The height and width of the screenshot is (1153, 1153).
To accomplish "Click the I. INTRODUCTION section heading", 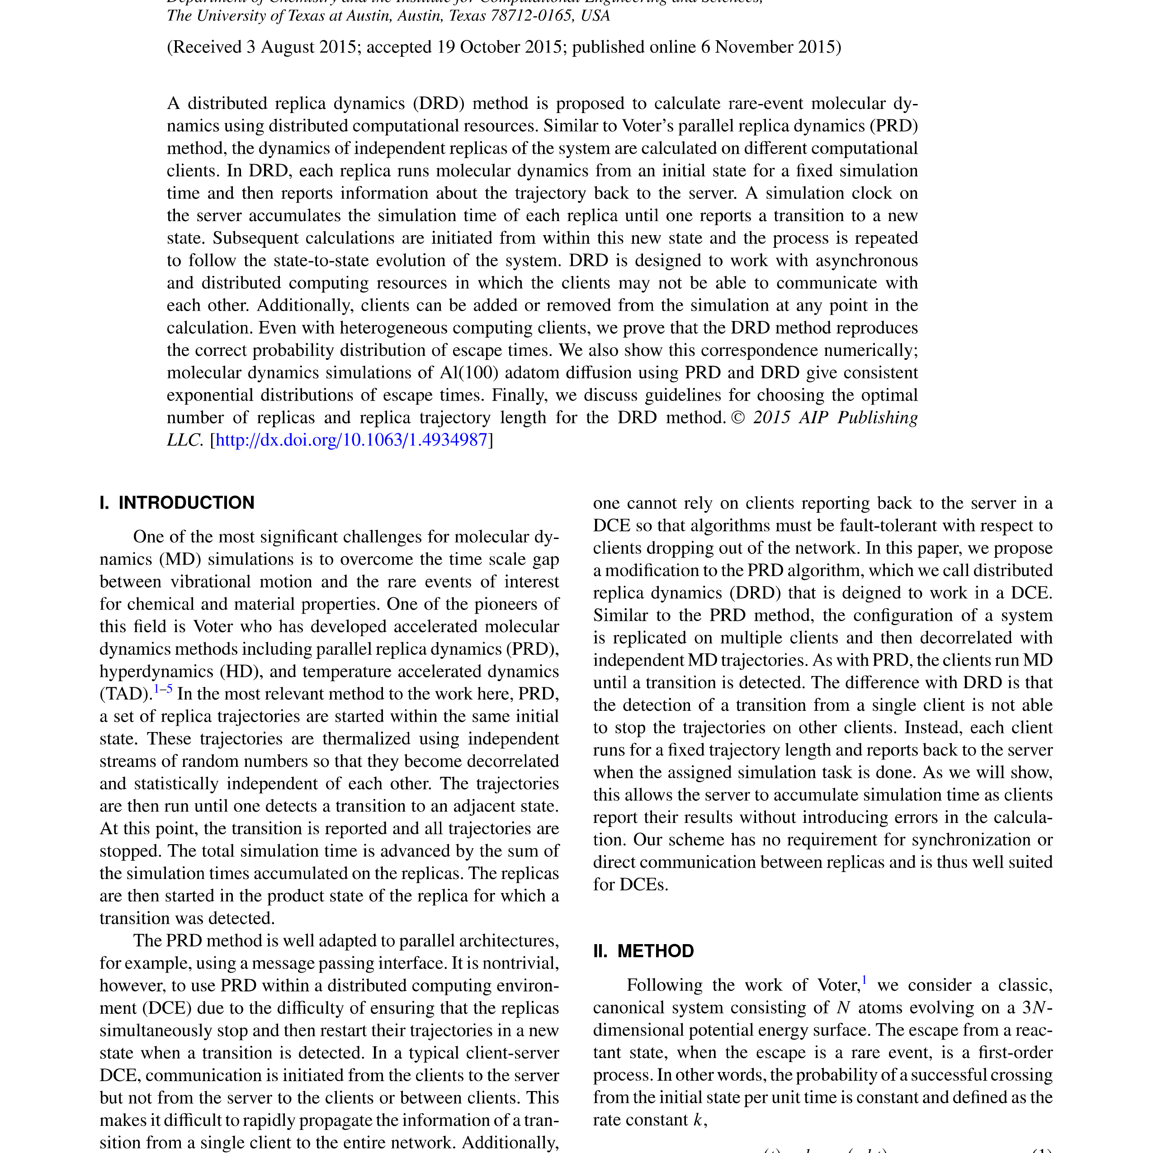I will point(177,502).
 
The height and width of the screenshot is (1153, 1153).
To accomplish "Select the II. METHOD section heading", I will point(643,951).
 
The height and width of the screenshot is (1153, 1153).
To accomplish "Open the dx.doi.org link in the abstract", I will point(351,440).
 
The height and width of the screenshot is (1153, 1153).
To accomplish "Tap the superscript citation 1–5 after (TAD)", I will point(163,689).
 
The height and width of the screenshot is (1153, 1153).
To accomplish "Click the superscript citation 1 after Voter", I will point(864,980).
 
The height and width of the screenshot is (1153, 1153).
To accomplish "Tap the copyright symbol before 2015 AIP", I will point(738,418).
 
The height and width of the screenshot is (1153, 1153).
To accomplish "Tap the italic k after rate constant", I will point(698,1120).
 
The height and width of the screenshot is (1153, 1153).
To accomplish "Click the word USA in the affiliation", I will point(595,15).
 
